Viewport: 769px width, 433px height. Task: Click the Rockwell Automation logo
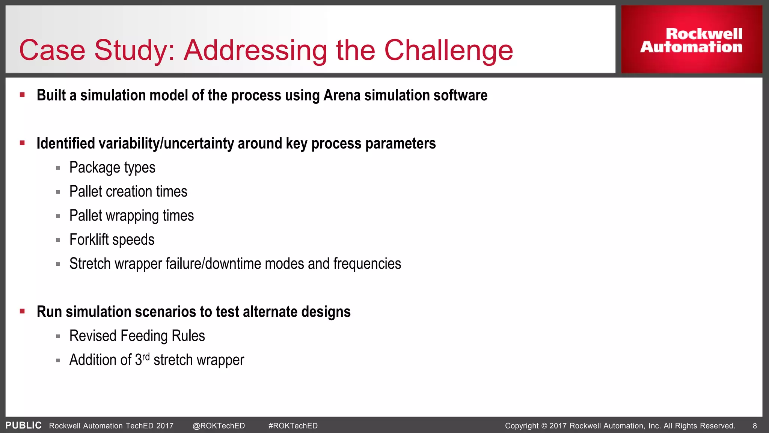[x=691, y=40]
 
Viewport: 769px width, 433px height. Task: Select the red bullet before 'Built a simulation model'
[x=23, y=95]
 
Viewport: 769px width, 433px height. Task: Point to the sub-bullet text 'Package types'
[x=112, y=168]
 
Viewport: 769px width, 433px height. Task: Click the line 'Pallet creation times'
[x=128, y=192]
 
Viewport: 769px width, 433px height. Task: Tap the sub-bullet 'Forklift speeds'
[x=112, y=240]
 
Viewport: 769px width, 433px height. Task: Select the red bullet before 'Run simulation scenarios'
[x=23, y=311]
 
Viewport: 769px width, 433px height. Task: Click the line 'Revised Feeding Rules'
[x=137, y=336]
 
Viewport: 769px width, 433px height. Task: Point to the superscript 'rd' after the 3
[x=146, y=356]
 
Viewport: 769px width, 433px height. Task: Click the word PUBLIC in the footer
[x=23, y=425]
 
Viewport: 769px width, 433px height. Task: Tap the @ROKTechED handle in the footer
[x=219, y=426]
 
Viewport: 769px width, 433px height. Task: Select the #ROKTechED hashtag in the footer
[x=293, y=426]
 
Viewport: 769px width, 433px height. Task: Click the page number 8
[x=755, y=426]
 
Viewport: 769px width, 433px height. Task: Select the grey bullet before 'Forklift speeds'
[x=58, y=240]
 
